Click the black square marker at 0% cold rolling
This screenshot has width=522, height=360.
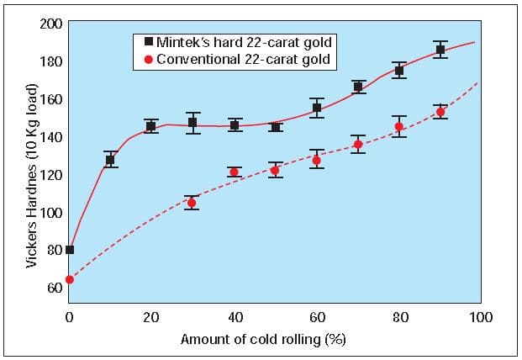point(69,249)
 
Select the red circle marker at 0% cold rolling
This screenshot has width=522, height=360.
point(69,279)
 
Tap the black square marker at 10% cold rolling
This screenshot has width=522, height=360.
point(110,160)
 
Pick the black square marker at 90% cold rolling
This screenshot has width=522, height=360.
point(440,50)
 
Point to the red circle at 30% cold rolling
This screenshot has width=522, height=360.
point(192,203)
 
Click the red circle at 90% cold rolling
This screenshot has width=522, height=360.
point(440,112)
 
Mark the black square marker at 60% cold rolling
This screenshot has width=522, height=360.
point(317,108)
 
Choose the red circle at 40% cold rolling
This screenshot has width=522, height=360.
point(234,172)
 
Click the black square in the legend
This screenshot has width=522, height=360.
point(149,41)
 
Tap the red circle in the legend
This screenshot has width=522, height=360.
point(149,60)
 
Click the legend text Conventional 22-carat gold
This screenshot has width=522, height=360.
point(242,60)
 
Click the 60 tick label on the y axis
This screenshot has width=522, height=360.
point(54,288)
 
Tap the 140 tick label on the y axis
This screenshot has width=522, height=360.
point(50,136)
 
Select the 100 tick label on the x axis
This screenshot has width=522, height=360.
point(482,317)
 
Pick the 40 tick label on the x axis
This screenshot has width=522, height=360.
point(235,317)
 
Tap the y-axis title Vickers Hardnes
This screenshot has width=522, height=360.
point(31,177)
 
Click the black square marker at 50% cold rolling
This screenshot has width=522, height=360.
point(275,127)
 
